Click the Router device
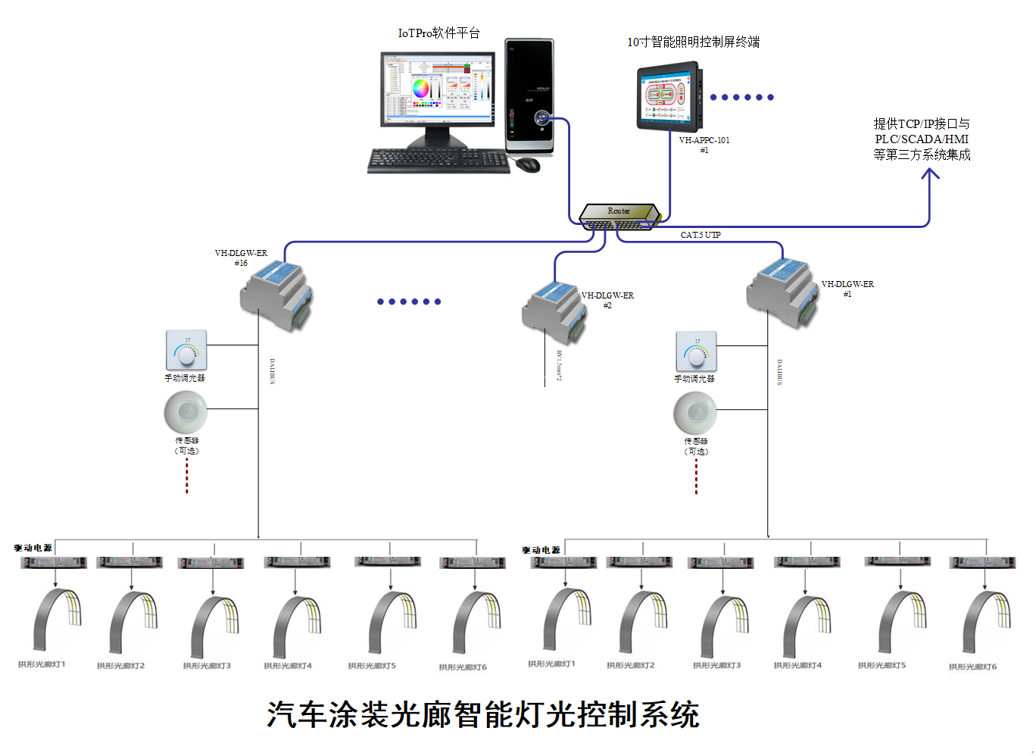click(x=619, y=216)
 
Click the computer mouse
click(x=528, y=164)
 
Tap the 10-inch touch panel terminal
click(x=669, y=97)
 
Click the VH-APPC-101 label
click(x=704, y=140)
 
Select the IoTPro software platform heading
click(x=438, y=33)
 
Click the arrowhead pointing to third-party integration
click(x=929, y=174)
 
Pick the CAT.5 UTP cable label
click(x=700, y=235)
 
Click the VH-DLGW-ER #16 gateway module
click(x=276, y=295)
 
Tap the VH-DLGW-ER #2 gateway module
click(x=554, y=311)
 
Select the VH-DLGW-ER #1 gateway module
click(x=783, y=293)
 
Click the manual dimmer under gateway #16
click(x=186, y=350)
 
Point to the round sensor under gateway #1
click(x=695, y=414)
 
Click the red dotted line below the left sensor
click(x=187, y=476)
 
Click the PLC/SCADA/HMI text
click(x=921, y=139)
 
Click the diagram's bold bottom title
click(x=482, y=714)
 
